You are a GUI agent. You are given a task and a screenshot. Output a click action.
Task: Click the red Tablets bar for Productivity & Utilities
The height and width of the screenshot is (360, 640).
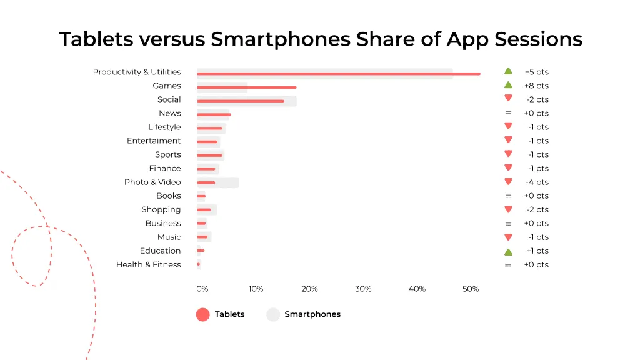tap(338, 74)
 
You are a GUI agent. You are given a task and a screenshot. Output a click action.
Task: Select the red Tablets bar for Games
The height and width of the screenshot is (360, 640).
tap(247, 87)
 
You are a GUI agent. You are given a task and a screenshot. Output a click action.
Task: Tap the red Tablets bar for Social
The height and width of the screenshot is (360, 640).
tap(241, 101)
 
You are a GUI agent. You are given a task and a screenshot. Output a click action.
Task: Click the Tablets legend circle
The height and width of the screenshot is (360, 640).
tap(202, 314)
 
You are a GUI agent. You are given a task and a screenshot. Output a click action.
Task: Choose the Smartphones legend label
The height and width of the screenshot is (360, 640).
tap(312, 314)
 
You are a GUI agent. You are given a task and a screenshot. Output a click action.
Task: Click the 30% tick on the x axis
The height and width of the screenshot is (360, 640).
tap(363, 289)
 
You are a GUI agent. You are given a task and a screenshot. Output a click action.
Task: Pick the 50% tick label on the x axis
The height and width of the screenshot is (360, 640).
tap(471, 289)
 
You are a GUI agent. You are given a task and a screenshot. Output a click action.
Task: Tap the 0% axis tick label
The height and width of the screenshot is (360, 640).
tap(202, 289)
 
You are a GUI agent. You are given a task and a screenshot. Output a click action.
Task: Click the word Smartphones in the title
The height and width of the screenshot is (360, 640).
tap(281, 39)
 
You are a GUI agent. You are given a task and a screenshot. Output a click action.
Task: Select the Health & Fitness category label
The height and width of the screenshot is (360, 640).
tap(149, 264)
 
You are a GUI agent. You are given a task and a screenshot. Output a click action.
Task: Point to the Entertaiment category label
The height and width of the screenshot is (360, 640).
tap(154, 141)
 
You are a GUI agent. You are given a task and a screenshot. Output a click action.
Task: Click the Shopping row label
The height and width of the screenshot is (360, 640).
tap(161, 209)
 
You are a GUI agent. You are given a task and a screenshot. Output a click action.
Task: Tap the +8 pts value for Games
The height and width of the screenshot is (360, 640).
tap(536, 86)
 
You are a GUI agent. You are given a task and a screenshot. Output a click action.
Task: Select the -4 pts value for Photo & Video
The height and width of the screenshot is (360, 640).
tap(537, 182)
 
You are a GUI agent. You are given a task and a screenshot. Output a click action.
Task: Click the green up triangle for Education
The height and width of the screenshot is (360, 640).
tap(508, 251)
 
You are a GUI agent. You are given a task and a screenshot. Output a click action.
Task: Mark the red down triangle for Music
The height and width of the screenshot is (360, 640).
tap(508, 237)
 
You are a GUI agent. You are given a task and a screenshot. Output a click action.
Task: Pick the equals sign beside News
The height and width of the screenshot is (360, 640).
tap(508, 113)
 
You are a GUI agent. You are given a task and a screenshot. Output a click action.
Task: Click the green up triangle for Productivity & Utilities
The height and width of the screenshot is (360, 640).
tap(508, 71)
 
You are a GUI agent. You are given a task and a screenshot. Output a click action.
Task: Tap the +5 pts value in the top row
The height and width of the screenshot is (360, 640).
tap(536, 72)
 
